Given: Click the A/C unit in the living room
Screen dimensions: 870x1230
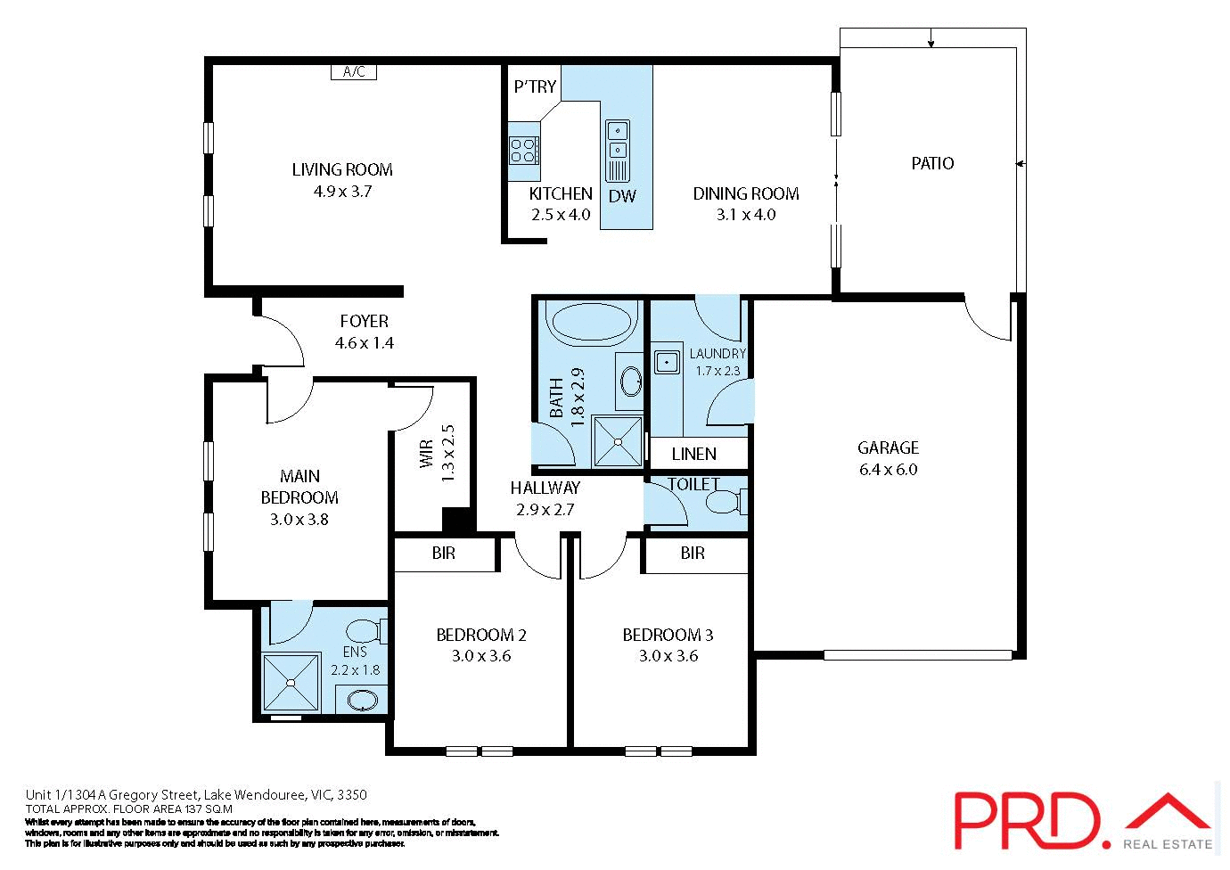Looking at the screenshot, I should coord(354,72).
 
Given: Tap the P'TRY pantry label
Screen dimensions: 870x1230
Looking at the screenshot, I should coord(535,86).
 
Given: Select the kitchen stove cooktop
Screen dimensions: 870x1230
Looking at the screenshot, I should coord(524,151).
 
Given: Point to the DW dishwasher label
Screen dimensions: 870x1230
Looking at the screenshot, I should coord(622,196).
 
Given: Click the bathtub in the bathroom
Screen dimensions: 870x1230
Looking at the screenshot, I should coord(591,322).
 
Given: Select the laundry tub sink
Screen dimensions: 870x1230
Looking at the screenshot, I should coord(666,362).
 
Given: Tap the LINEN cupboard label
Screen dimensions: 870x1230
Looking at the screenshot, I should coord(693,454).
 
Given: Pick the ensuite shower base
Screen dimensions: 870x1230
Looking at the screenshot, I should coord(291,683).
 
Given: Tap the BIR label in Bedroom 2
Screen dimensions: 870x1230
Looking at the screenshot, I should coord(443,554).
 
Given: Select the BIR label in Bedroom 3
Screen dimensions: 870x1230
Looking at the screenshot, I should coord(693,554).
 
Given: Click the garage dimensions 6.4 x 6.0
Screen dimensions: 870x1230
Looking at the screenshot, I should coord(888,470).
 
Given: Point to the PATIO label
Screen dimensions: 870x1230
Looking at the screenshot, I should coord(932,163).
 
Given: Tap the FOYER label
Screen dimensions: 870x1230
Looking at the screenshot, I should coord(364,321).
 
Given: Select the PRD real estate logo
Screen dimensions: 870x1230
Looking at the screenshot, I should coord(1083,820).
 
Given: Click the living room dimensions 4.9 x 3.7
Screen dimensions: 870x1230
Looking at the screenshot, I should coord(342,191).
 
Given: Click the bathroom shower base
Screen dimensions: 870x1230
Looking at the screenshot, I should coord(618,440).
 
